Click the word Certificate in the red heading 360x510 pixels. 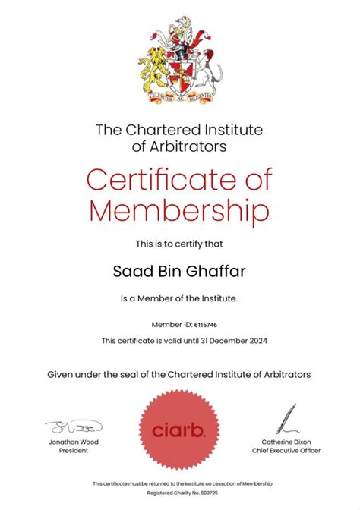pyautogui.click(x=159, y=180)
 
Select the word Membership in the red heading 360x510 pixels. pyautogui.click(x=179, y=209)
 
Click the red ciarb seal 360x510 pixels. pyautogui.click(x=179, y=430)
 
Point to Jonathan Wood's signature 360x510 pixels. pyautogui.click(x=74, y=427)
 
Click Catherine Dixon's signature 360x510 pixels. pyautogui.click(x=286, y=420)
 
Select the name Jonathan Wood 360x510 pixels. pyautogui.click(x=74, y=442)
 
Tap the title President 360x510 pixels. pyautogui.click(x=74, y=450)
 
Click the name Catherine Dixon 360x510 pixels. pyautogui.click(x=286, y=442)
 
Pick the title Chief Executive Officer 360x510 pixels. pyautogui.click(x=286, y=450)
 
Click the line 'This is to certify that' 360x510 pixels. pyautogui.click(x=179, y=244)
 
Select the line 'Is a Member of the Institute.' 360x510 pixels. pyautogui.click(x=179, y=298)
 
